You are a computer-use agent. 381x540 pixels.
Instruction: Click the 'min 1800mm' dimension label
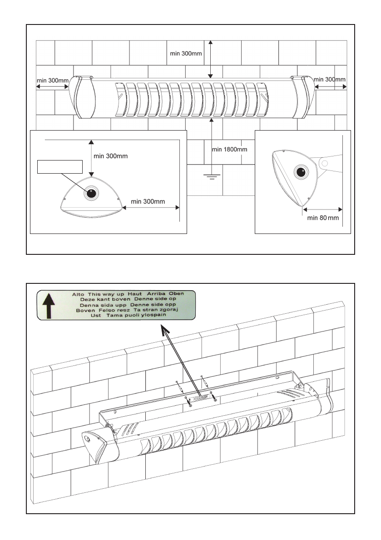point(230,149)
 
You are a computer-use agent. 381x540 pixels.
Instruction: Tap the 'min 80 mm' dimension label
point(323,218)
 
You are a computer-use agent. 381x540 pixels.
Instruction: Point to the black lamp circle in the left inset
point(91,193)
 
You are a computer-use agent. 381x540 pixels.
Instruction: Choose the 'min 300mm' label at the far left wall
point(52,81)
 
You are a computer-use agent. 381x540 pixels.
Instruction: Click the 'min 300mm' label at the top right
point(330,79)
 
